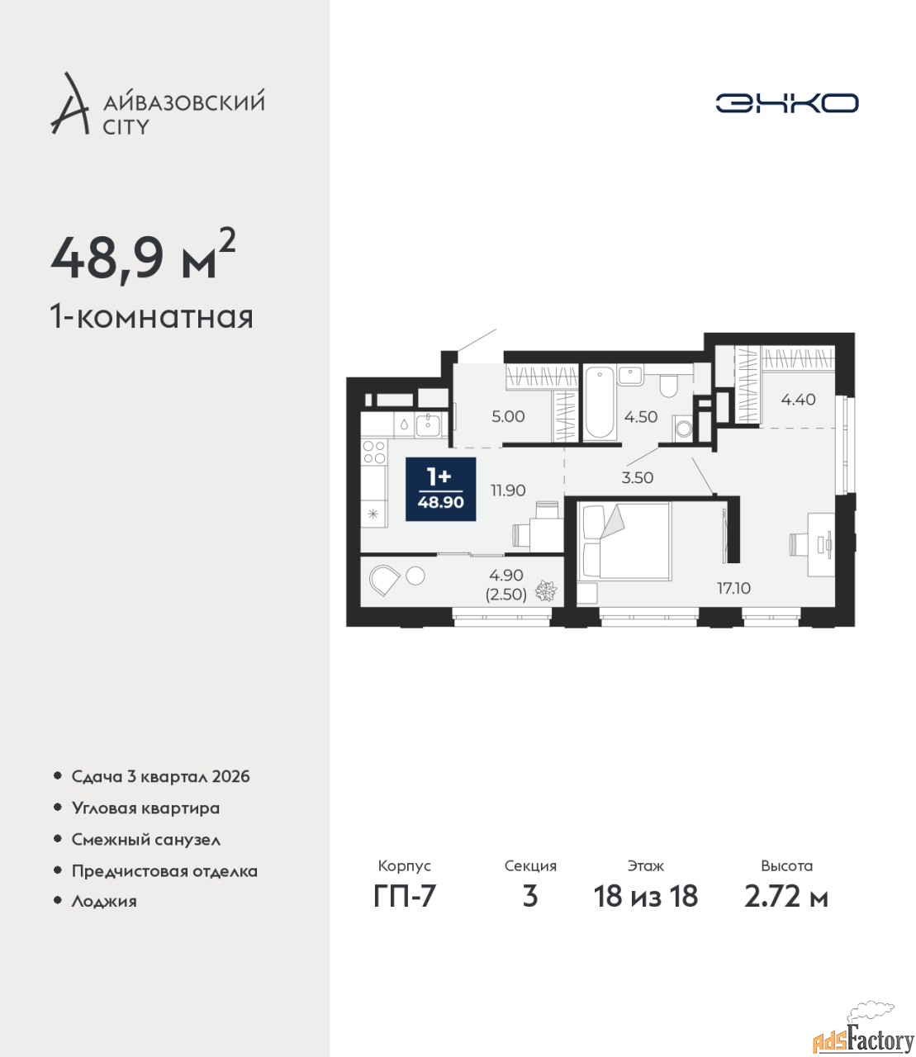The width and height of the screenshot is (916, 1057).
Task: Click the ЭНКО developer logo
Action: click(786, 102)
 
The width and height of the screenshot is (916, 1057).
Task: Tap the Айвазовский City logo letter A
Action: click(70, 104)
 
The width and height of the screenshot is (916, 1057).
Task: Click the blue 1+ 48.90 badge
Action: click(440, 490)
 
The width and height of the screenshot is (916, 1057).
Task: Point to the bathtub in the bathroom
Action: click(599, 404)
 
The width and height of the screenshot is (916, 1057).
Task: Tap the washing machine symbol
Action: click(683, 428)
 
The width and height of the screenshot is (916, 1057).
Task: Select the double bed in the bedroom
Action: click(624, 542)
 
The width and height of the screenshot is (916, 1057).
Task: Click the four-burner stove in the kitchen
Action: click(374, 452)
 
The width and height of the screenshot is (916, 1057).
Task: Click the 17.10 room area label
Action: click(733, 588)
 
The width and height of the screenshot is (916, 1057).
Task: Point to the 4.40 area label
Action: click(798, 400)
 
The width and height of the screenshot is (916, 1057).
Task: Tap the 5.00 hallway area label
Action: click(508, 416)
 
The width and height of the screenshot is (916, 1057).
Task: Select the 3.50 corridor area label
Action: click(638, 477)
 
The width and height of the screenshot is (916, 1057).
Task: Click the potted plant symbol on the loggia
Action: click(546, 591)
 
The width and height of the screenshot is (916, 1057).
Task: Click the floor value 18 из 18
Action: click(645, 896)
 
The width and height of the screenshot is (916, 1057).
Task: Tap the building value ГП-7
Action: click(404, 896)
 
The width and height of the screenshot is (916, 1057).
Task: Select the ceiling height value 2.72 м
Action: click(786, 896)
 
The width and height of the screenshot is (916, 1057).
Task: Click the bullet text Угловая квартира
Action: click(145, 808)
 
